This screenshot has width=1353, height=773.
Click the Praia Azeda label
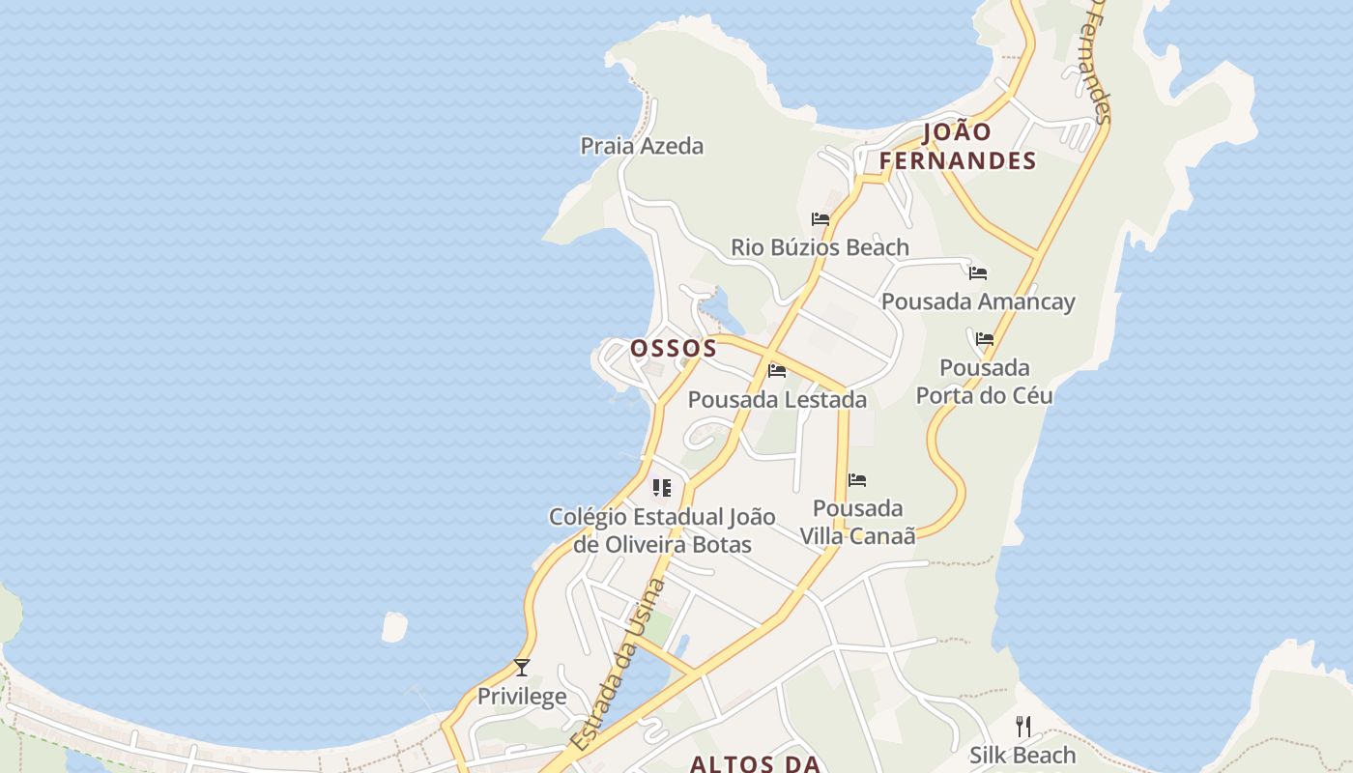[x=642, y=146]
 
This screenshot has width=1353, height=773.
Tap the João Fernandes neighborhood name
[x=958, y=147]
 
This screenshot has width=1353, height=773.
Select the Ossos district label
[x=674, y=348]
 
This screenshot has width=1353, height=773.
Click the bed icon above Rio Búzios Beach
[x=820, y=219]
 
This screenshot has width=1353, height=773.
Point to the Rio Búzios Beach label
[x=820, y=247]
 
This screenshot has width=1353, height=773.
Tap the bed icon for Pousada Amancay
[x=978, y=273]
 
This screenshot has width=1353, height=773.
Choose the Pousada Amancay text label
[x=978, y=301]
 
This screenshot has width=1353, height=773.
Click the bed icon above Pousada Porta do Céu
[x=985, y=339]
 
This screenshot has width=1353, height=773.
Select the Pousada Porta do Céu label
[x=985, y=382]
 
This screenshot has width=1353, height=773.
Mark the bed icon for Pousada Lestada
[x=777, y=371]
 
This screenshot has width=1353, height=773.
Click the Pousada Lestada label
[x=777, y=399]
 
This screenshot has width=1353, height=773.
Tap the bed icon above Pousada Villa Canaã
[x=857, y=480]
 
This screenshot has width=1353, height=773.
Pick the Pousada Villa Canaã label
[x=857, y=522]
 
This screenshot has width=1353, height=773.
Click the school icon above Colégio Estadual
[x=662, y=488]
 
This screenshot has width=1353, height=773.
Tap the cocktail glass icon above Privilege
[x=522, y=667]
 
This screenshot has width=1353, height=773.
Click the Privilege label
[x=522, y=697]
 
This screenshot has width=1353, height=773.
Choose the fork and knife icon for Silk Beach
[x=1023, y=726]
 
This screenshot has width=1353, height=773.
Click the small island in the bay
[x=394, y=627]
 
